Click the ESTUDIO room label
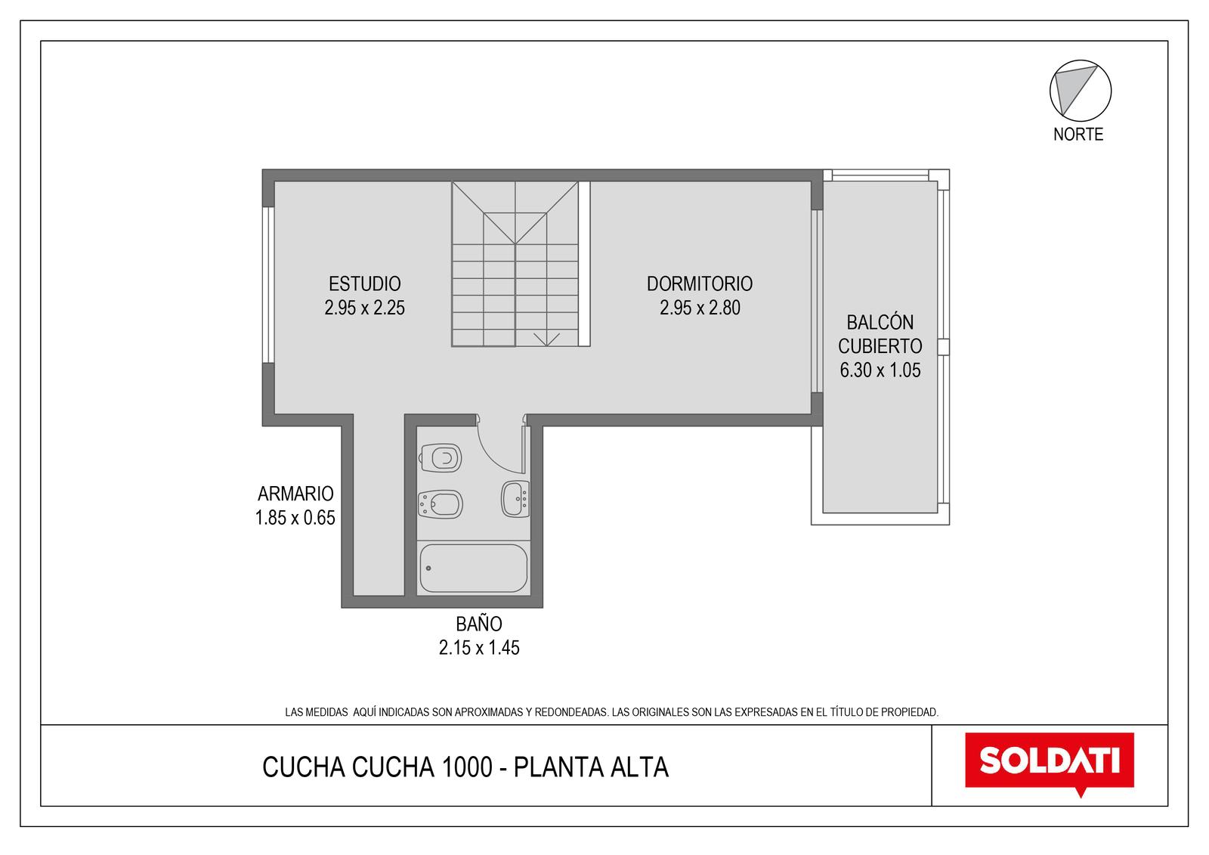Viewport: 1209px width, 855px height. coord(364,283)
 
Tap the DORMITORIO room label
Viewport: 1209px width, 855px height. coord(700,283)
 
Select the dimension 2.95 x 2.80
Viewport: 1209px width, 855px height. coord(700,308)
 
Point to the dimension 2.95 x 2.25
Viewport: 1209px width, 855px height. coord(364,308)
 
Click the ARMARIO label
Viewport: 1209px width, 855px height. coord(295,494)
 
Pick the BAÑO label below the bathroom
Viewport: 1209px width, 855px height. coord(479,624)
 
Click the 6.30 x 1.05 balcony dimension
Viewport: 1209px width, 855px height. coord(880,370)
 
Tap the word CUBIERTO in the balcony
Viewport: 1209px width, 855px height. coord(880,345)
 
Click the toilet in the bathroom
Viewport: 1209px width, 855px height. coord(441,458)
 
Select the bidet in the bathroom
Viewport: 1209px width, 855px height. coord(441,504)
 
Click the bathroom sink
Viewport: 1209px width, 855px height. coord(515,499)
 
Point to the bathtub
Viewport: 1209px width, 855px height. coord(473,568)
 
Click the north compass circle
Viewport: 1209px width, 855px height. coord(1081,91)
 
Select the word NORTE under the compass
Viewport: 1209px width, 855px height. coord(1078,135)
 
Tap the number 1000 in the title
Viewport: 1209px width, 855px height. coord(467,767)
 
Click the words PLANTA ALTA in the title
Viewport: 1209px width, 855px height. coord(591,767)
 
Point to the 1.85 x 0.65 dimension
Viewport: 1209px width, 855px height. coord(295,518)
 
